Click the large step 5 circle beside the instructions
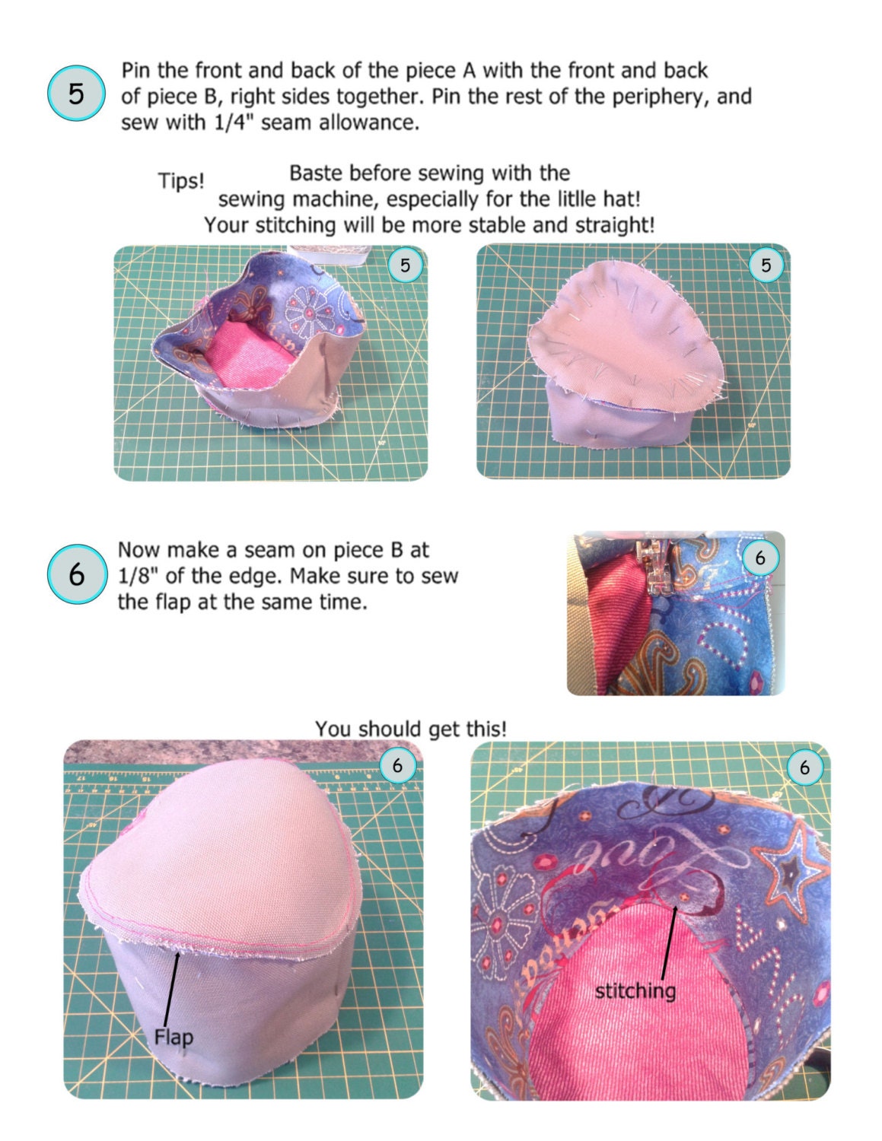pos(75,94)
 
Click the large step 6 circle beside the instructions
pos(75,574)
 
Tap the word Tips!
pos(181,182)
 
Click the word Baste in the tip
pos(315,173)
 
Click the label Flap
pos(174,1037)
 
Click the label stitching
pos(635,991)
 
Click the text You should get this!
pos(411,729)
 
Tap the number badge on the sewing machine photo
pos(759,558)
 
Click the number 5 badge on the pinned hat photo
pos(766,265)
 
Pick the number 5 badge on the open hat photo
pos(405,265)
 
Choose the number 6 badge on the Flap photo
pos(397,765)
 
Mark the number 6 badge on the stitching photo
pos(804,768)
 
